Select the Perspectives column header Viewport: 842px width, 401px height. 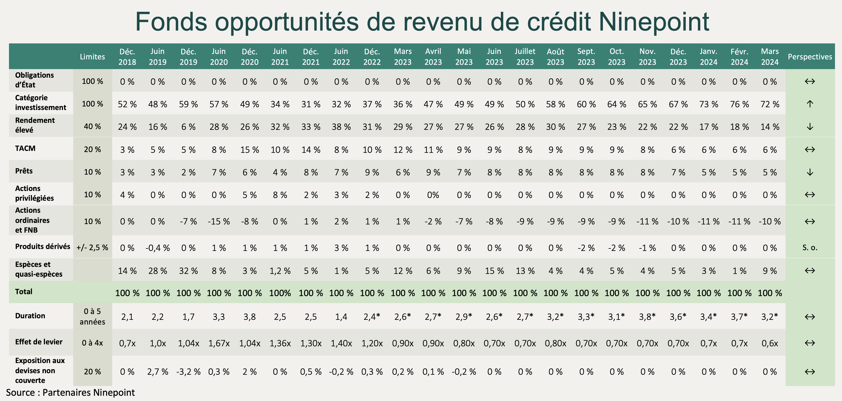810,56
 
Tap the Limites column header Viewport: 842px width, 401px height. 93,56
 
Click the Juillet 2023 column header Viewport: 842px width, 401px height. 525,56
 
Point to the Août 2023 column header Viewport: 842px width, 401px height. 555,56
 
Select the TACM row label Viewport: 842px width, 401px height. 25,148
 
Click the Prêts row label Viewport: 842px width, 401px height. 24,171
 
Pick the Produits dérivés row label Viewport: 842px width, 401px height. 42,246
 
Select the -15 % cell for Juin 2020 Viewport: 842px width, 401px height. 219,221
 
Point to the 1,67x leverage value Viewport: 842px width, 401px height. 219,343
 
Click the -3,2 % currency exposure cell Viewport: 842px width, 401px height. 188,372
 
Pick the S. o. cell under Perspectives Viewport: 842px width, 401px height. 810,248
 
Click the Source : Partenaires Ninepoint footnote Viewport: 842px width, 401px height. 70,392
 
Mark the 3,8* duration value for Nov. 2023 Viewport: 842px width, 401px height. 647,317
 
